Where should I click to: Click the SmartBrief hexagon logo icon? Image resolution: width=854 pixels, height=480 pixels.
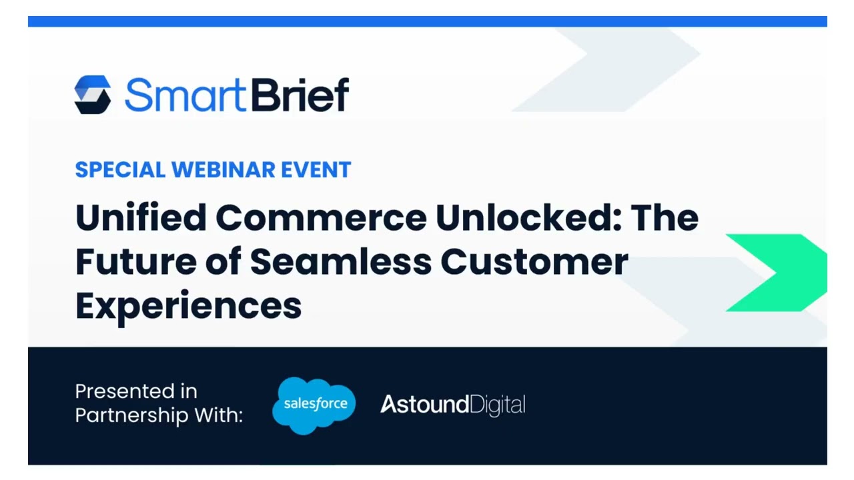(93, 95)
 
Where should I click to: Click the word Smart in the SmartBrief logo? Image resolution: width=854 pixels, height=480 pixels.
(185, 95)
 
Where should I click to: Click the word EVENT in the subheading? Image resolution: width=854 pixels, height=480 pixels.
(316, 170)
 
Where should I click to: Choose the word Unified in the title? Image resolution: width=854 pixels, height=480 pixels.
(141, 217)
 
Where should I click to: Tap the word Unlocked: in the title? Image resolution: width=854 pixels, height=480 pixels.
(528, 217)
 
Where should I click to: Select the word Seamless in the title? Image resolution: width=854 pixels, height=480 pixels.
(341, 261)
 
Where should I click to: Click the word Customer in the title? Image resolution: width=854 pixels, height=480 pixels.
(534, 261)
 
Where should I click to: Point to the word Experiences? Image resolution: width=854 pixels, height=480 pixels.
(188, 306)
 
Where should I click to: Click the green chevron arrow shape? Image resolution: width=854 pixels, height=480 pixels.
(781, 273)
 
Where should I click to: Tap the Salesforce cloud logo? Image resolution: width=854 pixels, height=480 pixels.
(314, 405)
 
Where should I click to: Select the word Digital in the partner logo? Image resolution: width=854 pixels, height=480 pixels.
(498, 405)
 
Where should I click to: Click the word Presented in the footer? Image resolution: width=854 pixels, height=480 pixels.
(117, 391)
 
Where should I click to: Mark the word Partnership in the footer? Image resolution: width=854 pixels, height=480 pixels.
(131, 415)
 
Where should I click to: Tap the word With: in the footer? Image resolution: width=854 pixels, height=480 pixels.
(218, 415)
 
